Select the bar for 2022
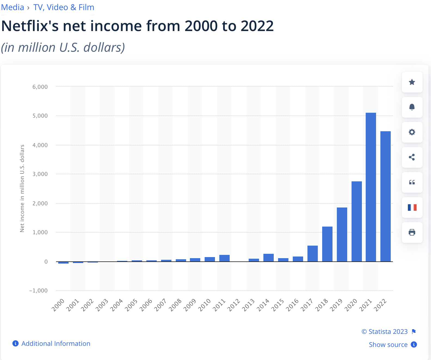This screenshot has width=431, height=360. pos(386,196)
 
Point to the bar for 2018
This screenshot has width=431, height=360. pos(327,244)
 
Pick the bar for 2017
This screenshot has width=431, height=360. pos(313,254)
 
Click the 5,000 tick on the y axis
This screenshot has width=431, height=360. pos(40,116)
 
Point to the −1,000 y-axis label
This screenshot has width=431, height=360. pos(38,291)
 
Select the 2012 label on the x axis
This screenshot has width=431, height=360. pos(234,305)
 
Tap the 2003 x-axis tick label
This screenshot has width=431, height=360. pos(102,305)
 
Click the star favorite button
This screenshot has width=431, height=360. pos(412,82)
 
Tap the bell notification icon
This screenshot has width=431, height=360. pos(412,107)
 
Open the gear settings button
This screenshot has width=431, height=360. pos(412,132)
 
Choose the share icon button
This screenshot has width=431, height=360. pos(412,157)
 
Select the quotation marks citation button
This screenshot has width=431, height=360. pos(412,182)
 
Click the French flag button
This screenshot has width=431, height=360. pos(412,208)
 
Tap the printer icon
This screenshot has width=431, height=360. pos(412,233)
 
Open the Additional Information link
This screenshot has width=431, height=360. pos(56,344)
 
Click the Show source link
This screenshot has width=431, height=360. pos(388,345)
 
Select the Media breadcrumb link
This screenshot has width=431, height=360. pos(13,7)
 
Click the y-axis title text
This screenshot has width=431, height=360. pos(22,188)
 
